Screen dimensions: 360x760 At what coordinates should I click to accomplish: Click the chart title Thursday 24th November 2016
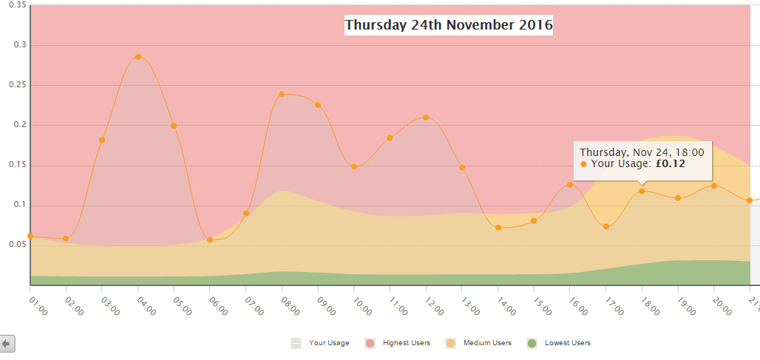[x=449, y=25]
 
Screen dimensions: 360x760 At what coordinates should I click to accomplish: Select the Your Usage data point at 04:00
[x=138, y=57]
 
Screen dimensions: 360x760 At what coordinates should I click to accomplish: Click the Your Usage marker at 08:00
[x=282, y=95]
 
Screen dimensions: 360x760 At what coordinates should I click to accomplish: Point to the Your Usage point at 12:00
[x=426, y=118]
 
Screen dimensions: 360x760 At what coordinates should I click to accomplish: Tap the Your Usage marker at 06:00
[x=210, y=240]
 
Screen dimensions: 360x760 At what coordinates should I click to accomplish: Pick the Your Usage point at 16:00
[x=570, y=184]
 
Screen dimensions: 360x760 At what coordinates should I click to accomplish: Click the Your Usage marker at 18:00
[x=642, y=191]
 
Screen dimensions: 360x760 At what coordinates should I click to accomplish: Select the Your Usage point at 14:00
[x=498, y=228]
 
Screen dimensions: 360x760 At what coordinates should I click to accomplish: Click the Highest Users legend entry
[x=405, y=343]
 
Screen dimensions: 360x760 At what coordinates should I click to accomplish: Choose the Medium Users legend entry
[x=486, y=343]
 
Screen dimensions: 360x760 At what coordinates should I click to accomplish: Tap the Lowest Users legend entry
[x=567, y=343]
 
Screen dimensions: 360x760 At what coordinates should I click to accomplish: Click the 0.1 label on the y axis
[x=18, y=205]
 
